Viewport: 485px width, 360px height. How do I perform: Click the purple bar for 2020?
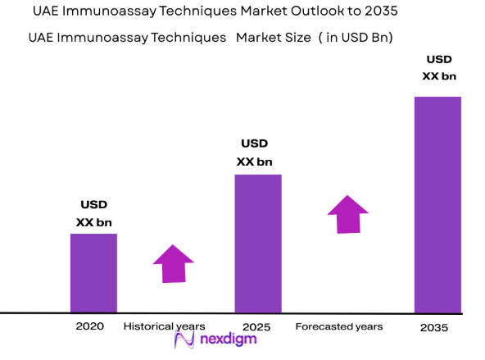click(x=93, y=273)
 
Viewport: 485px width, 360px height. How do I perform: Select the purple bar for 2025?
click(x=258, y=243)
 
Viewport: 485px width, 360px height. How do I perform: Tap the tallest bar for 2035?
click(x=437, y=204)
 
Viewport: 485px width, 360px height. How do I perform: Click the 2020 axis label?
click(x=90, y=326)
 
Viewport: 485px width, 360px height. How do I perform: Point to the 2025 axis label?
click(x=256, y=326)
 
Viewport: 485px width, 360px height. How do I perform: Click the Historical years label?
click(x=164, y=326)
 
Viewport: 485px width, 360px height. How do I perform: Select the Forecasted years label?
click(x=338, y=326)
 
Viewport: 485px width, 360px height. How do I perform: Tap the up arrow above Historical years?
click(x=173, y=263)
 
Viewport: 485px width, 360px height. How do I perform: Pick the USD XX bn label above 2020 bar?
click(x=93, y=213)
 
